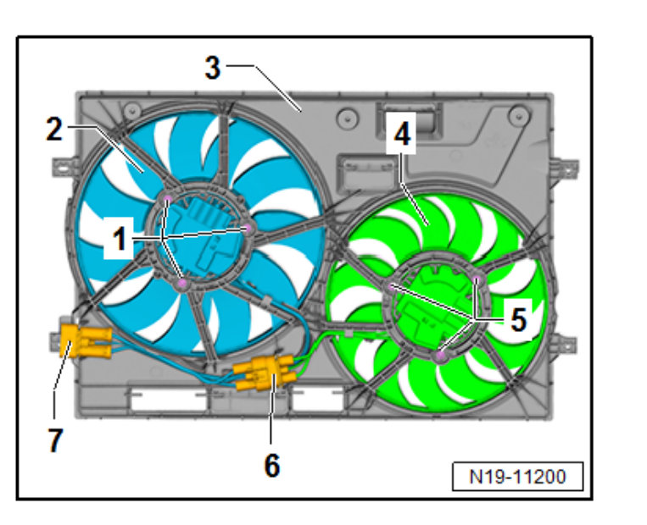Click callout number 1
pyautogui.click(x=120, y=239)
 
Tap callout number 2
pyautogui.click(x=54, y=130)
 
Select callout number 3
pyautogui.click(x=213, y=68)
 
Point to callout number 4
pyautogui.click(x=401, y=134)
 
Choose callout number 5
pyautogui.click(x=519, y=320)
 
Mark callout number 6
pyautogui.click(x=272, y=466)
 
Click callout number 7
pyautogui.click(x=55, y=440)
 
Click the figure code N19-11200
pyautogui.click(x=517, y=477)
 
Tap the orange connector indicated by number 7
pyautogui.click(x=86, y=340)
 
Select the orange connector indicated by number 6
pyautogui.click(x=264, y=373)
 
